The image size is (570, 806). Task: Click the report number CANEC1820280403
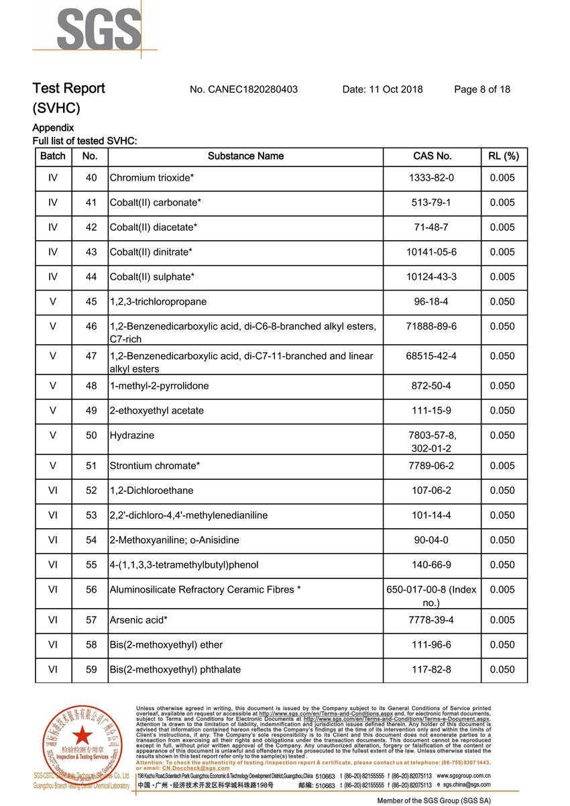pos(243,89)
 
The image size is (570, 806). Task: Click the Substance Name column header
pos(245,156)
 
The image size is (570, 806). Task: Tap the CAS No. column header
pos(432,156)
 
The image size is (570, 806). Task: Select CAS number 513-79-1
pos(432,203)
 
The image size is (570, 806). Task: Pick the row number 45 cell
pos(91,302)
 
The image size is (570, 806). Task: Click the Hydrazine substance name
pos(131,436)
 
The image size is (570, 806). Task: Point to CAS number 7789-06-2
pos(432,466)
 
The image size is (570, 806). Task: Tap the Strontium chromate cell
pos(154,466)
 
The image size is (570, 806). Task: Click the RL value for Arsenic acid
pos(502,620)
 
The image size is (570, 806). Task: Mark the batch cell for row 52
pos(53,491)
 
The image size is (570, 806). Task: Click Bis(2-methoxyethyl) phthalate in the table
pos(175,670)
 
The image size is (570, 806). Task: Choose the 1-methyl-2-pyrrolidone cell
pos(159,386)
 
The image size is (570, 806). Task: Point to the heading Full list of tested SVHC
pos(84,141)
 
